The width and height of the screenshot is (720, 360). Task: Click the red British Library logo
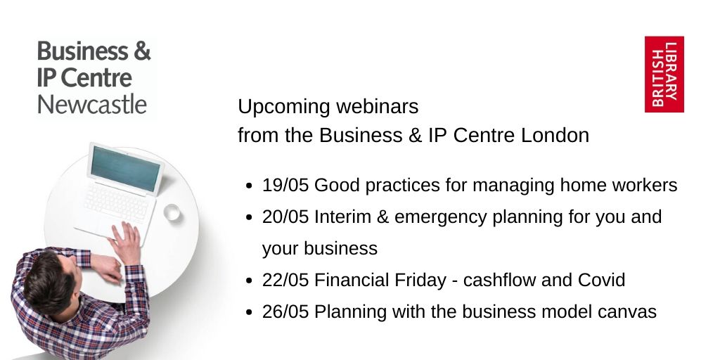pos(664,75)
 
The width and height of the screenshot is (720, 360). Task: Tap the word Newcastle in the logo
pos(91,105)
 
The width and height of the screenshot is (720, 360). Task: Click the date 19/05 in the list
pos(285,185)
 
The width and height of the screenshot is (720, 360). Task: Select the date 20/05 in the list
pos(285,217)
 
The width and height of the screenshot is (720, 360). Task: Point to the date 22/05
pos(285,280)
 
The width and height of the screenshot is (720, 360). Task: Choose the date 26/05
pos(285,311)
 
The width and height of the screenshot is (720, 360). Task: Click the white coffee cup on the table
pos(172,212)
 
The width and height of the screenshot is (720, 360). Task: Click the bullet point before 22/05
pos(250,281)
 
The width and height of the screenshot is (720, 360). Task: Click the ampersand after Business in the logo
pos(141,52)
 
